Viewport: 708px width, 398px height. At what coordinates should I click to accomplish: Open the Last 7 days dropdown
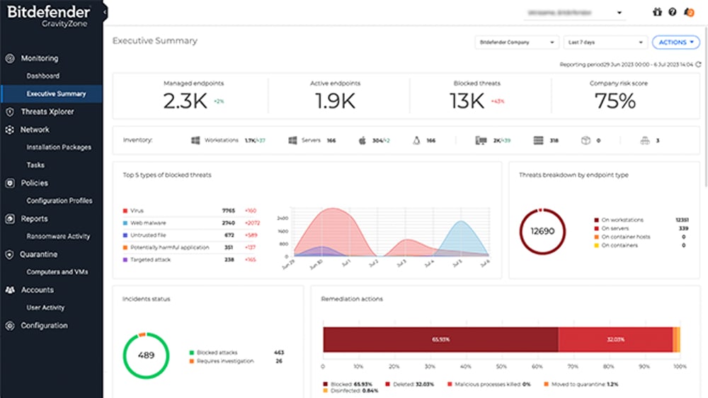click(x=607, y=42)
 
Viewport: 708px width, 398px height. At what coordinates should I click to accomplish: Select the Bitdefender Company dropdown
click(x=517, y=42)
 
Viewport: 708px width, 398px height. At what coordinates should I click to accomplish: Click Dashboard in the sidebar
click(x=43, y=76)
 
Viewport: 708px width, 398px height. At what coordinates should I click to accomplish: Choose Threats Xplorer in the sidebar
click(x=47, y=112)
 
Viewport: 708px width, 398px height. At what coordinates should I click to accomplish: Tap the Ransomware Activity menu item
click(x=58, y=237)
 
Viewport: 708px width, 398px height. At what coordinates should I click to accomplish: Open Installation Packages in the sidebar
click(x=59, y=147)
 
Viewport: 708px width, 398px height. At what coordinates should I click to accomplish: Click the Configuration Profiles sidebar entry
click(x=59, y=201)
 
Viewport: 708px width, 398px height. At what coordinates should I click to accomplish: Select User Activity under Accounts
click(x=45, y=308)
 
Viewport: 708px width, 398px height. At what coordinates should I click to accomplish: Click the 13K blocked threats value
click(x=467, y=101)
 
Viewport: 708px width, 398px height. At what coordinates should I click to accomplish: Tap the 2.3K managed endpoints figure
click(x=185, y=101)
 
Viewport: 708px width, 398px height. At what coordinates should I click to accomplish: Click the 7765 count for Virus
click(x=228, y=211)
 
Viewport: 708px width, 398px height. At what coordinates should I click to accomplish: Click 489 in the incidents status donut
click(x=146, y=355)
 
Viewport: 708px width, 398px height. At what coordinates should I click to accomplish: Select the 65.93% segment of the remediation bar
click(x=440, y=339)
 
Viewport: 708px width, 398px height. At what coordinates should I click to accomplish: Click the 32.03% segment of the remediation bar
click(x=615, y=339)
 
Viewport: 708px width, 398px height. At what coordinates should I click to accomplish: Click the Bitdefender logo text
click(x=48, y=12)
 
